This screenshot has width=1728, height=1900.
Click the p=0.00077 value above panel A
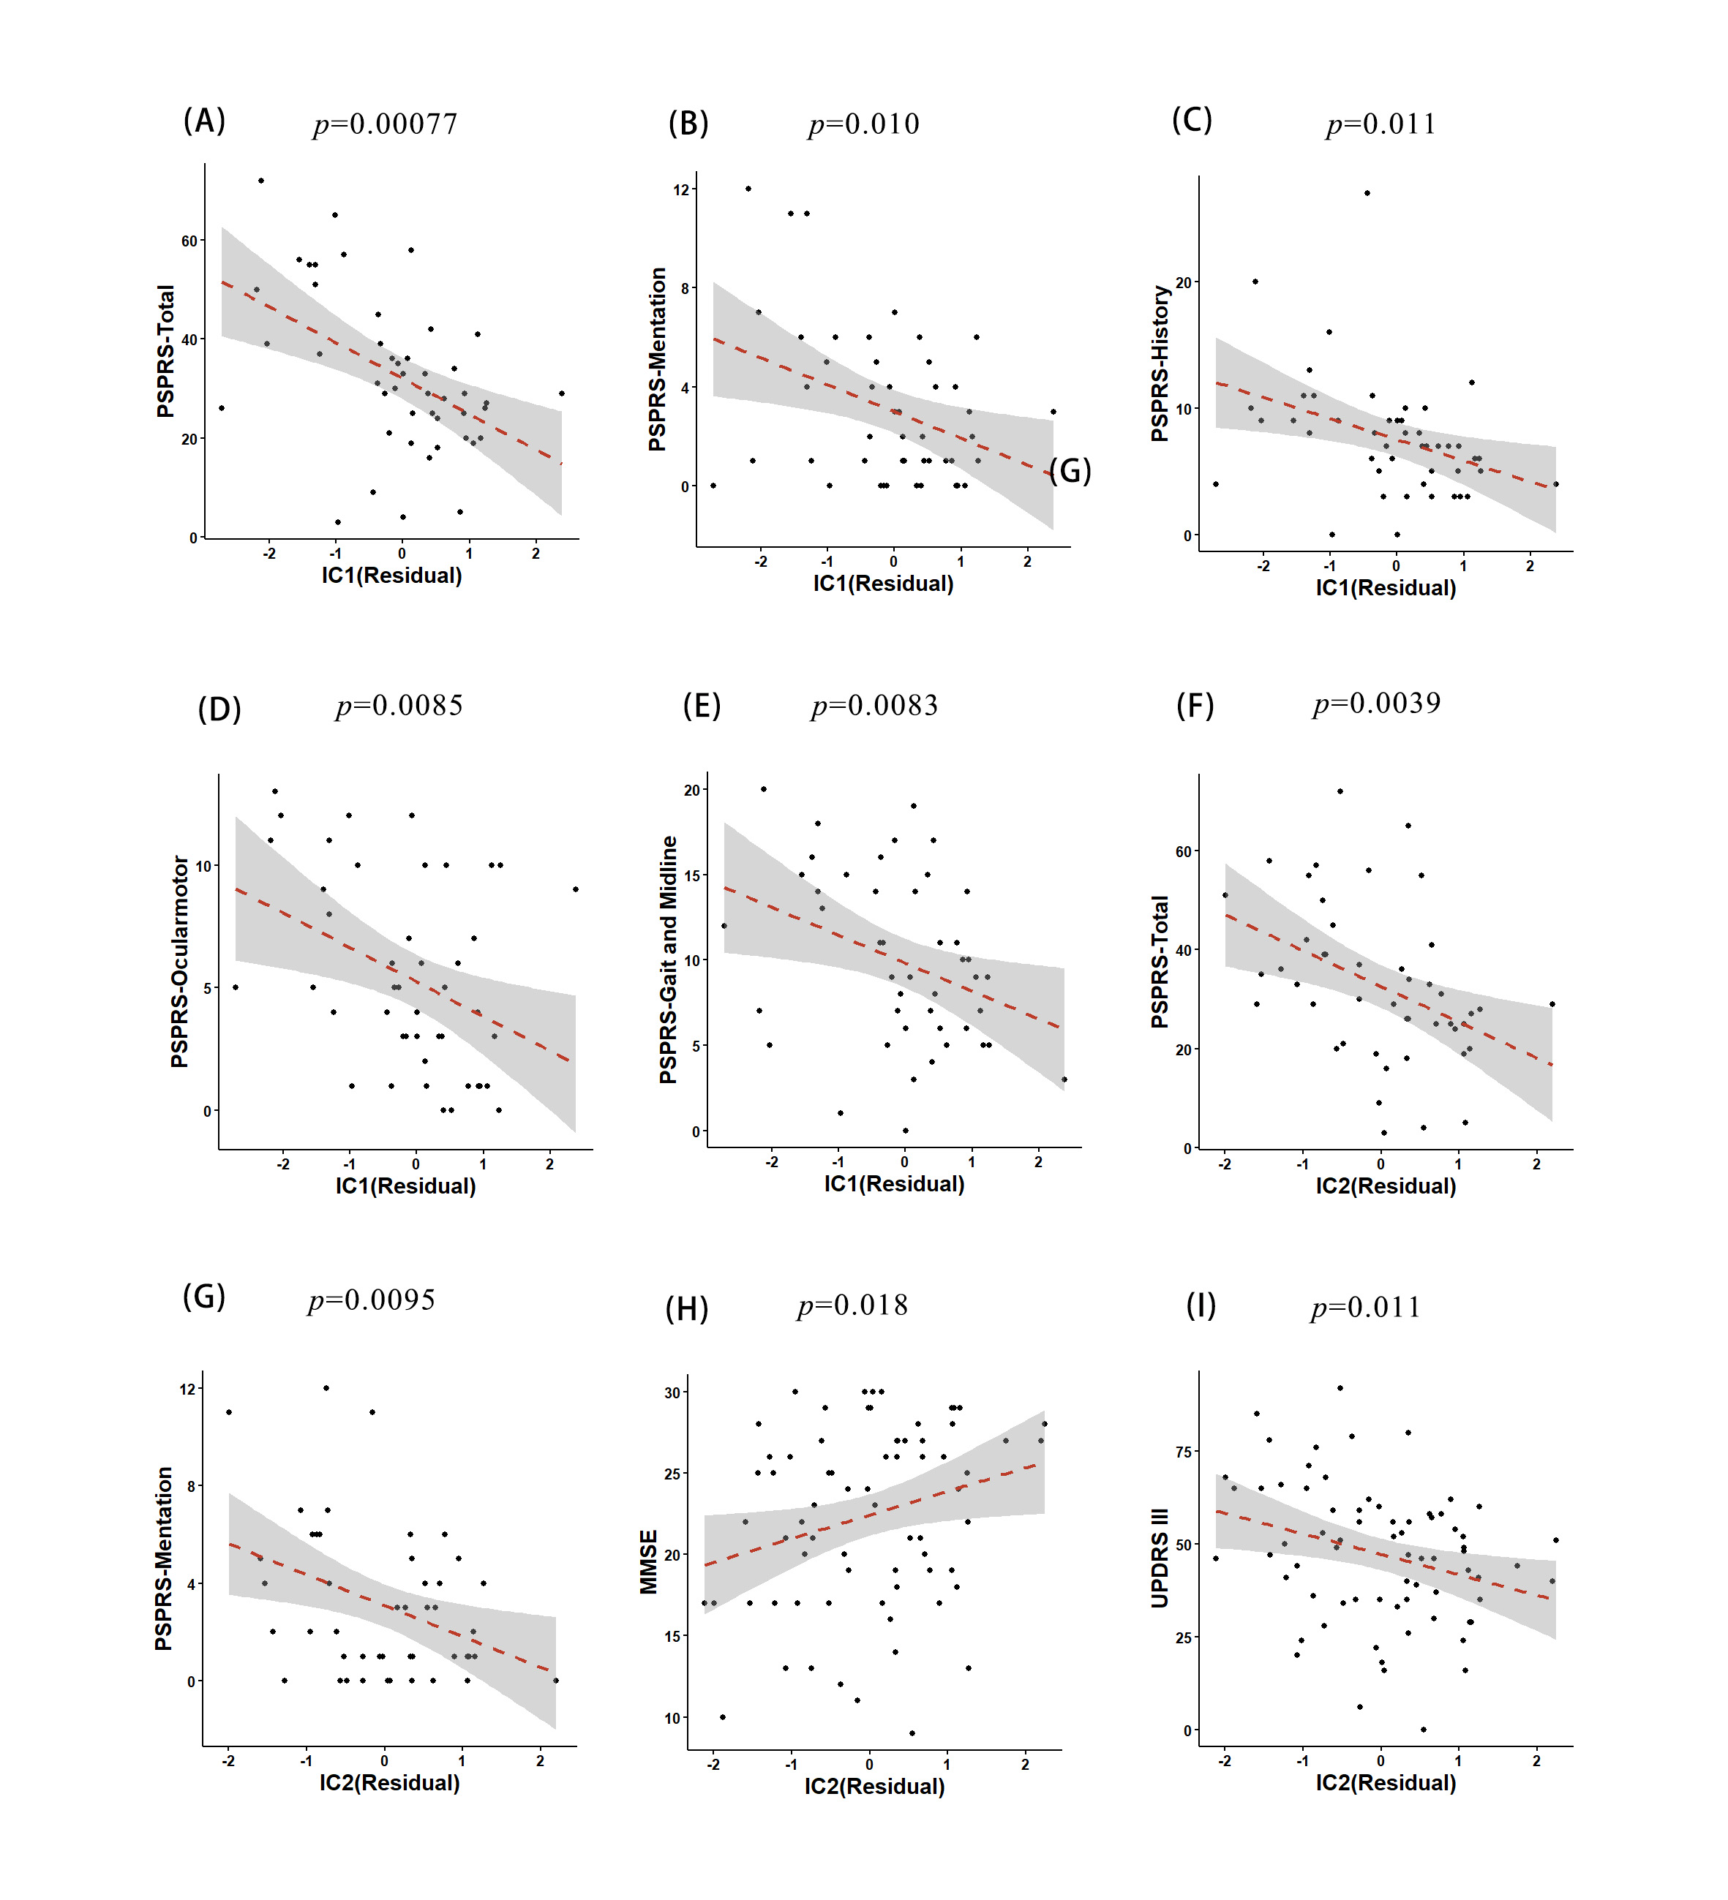385,124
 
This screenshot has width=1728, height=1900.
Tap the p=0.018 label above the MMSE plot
852,1305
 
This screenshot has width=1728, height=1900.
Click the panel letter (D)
219,709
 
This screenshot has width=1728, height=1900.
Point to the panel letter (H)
686,1308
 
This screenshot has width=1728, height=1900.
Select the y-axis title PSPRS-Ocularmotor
179,961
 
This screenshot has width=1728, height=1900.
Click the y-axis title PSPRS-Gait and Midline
669,960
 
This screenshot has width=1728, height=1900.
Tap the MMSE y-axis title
649,1561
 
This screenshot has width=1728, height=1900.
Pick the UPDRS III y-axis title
1160,1558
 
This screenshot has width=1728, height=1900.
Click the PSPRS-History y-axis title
1160,363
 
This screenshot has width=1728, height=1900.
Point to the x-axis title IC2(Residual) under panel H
874,1786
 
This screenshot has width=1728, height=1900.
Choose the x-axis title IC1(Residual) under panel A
391,575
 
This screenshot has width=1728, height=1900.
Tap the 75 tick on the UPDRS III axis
1183,1452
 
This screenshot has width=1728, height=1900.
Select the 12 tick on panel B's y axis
680,190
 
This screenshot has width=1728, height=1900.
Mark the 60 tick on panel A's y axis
189,241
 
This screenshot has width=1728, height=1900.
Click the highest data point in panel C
1367,193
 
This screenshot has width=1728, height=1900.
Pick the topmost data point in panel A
261,181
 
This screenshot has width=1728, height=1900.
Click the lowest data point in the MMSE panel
912,1733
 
